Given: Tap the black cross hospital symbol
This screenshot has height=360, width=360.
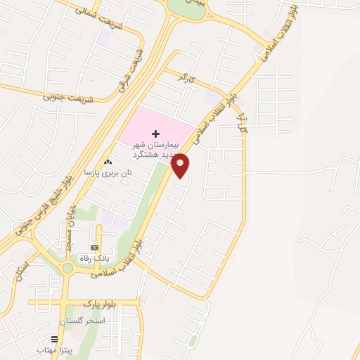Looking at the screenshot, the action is pos(155,133).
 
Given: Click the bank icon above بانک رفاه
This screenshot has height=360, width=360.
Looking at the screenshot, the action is pos(95,247).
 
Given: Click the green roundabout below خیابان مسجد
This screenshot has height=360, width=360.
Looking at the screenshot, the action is pos(68,268).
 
